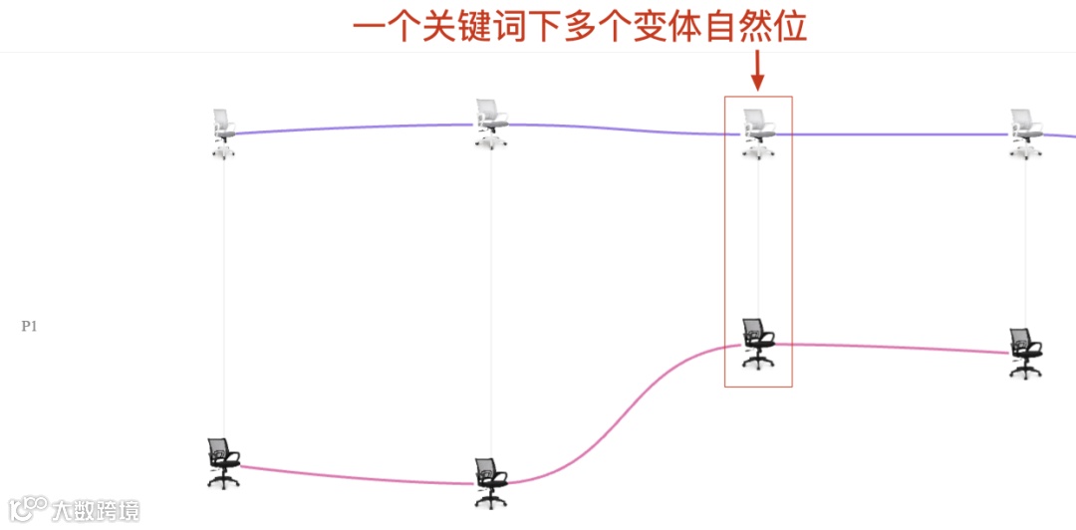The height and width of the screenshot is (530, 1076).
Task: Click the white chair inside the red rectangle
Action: pos(758,133)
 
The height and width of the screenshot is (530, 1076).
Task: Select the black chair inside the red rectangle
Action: pos(758,343)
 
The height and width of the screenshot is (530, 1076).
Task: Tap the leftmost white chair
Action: pos(224,132)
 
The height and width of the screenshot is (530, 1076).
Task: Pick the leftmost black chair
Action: pos(223,462)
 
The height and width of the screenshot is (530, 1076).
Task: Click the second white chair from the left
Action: pos(490,124)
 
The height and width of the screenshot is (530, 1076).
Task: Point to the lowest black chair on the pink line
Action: pos(490,483)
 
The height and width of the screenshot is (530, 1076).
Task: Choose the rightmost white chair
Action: pos(1025,133)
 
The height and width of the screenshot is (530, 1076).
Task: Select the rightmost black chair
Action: pos(1024,353)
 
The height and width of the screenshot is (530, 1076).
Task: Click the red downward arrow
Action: pos(757,70)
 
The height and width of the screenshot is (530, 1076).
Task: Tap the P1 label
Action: pos(29,326)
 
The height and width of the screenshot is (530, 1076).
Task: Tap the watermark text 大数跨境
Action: pos(97,510)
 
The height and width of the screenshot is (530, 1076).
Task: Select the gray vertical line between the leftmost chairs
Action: pos(224,299)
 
